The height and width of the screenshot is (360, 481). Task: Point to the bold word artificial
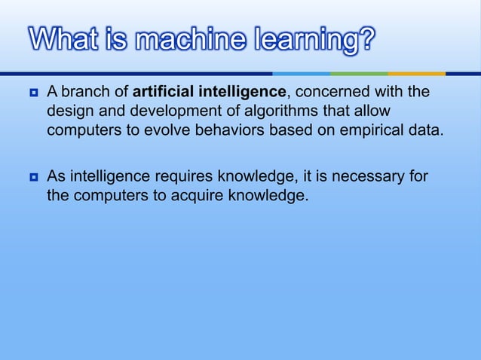[x=162, y=93]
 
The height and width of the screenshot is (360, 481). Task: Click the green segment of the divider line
[x=359, y=74]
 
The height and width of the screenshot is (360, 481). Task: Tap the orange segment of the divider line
[x=417, y=74]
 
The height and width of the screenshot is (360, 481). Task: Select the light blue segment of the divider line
[x=302, y=74]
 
